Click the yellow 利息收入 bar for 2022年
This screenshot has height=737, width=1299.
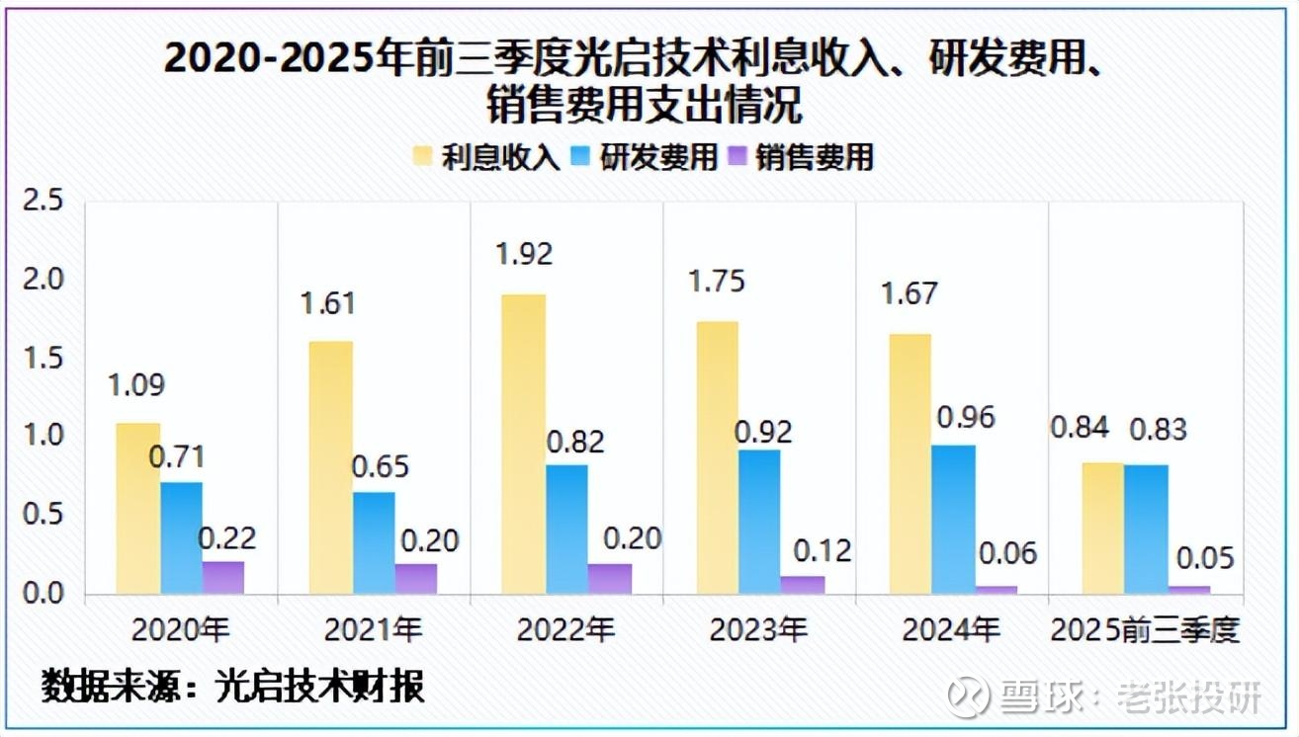tap(523, 445)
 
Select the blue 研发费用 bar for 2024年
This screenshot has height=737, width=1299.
tap(952, 520)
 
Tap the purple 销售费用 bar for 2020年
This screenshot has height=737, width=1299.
tap(223, 578)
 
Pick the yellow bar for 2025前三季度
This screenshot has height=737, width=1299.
tap(1102, 529)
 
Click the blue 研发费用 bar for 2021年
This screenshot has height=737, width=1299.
tap(374, 543)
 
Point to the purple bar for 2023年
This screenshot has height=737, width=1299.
tap(803, 585)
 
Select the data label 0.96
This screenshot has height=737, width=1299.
tap(965, 416)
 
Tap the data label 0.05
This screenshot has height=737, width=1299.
tap(1205, 558)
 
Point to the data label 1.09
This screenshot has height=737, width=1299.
tap(137, 384)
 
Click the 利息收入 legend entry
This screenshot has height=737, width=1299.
tap(488, 156)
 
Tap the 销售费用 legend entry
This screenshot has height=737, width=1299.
tap(802, 156)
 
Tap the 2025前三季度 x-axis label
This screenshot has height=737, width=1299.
tap(1145, 628)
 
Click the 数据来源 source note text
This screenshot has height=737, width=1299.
tap(233, 686)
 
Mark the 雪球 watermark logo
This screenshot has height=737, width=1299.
tap(970, 697)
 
